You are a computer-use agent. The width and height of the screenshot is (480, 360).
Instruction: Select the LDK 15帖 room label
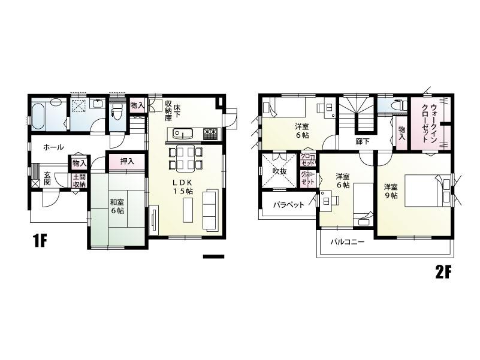[x=183, y=186]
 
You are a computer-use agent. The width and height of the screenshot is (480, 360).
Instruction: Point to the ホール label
[x=53, y=147]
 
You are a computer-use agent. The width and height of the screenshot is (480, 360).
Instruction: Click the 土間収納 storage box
[x=79, y=181]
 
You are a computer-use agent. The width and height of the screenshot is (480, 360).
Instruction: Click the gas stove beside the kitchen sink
[x=210, y=134]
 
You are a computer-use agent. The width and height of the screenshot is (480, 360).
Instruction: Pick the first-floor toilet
[x=117, y=110]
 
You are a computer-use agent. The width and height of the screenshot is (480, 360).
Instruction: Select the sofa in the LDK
[x=210, y=210]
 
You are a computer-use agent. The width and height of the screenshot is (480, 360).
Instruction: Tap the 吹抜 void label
[x=279, y=172]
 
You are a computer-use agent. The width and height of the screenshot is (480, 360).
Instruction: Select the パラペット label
[x=288, y=204]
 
